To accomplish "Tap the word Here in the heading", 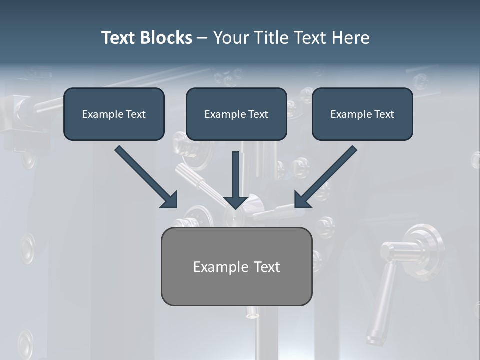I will [x=350, y=38].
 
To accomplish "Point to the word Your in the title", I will [x=231, y=38].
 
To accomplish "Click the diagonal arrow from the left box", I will [x=147, y=177].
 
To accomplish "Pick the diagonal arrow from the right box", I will [x=325, y=177].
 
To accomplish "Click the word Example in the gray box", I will [x=217, y=267].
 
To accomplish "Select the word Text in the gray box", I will [x=267, y=267].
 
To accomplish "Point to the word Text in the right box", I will [x=384, y=114].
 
